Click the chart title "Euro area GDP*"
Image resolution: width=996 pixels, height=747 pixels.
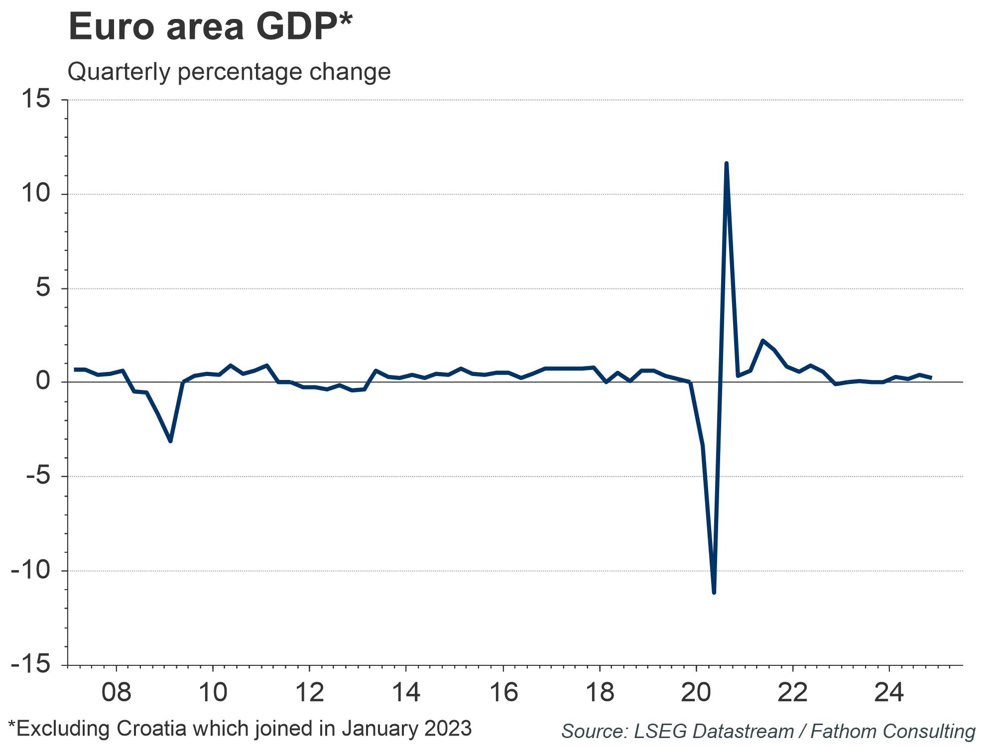210,27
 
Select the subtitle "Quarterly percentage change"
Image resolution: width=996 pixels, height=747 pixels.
229,72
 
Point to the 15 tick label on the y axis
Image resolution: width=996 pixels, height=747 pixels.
36,100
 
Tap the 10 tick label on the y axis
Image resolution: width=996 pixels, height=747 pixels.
36,194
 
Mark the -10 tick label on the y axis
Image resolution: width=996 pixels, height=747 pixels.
31,571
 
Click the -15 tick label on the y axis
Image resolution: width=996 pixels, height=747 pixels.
31,665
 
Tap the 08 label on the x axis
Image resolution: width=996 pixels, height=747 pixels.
116,693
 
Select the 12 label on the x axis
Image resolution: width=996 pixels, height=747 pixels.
309,693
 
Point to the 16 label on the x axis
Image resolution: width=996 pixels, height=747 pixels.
503,693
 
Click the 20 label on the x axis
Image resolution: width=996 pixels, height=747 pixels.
696,693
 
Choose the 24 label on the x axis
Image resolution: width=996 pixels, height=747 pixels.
890,693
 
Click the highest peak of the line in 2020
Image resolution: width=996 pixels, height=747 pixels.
726,163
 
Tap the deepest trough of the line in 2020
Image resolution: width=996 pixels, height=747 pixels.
714,593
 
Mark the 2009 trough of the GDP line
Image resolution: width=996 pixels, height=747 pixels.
170,441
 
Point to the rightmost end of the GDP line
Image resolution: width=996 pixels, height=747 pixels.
931,378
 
